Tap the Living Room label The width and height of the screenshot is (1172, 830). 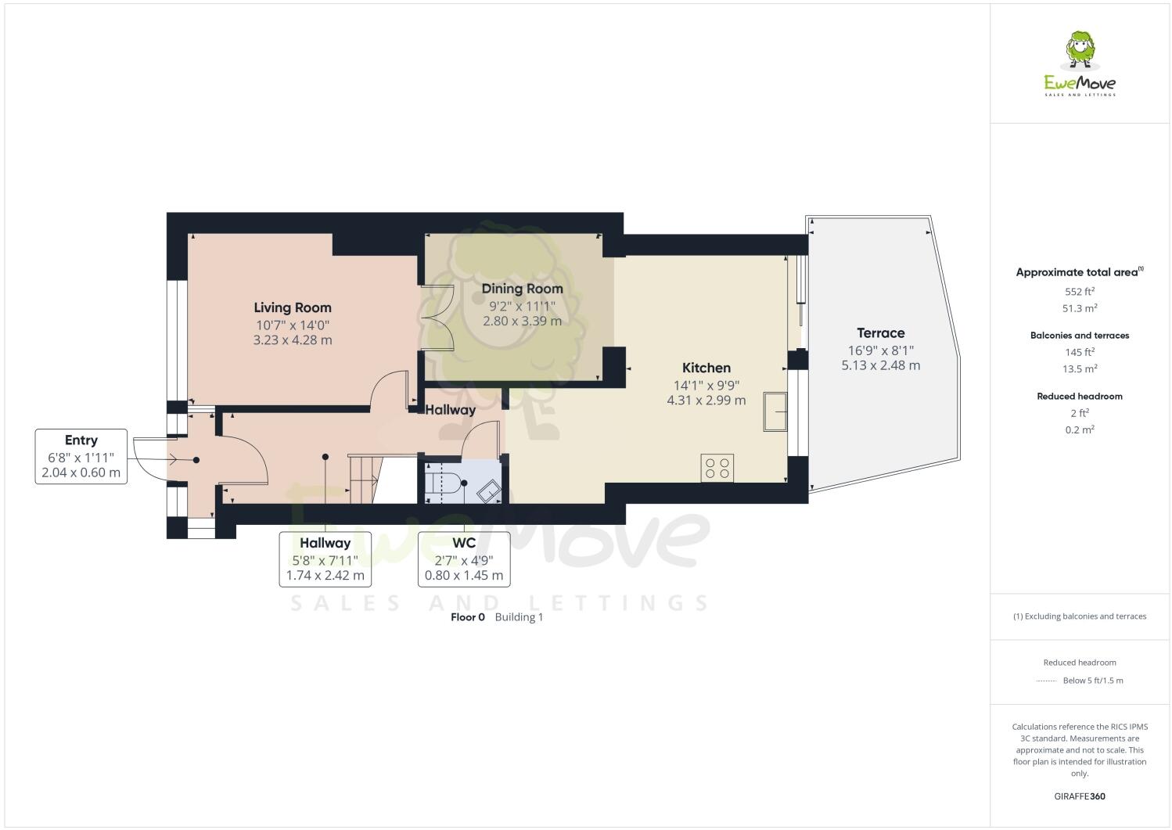(293, 307)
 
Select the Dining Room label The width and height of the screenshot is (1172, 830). (522, 289)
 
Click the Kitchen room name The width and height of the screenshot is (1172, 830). (706, 368)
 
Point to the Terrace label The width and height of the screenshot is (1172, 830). (880, 332)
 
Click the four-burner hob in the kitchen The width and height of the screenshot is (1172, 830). (717, 468)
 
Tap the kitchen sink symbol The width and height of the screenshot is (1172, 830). (775, 411)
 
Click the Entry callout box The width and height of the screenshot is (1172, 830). (81, 456)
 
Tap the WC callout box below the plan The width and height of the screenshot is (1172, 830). (464, 559)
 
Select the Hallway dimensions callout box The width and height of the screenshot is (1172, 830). (325, 559)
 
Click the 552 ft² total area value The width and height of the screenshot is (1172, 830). (1079, 291)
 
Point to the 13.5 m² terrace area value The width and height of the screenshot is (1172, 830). (1079, 369)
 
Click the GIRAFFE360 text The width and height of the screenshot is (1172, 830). (1080, 796)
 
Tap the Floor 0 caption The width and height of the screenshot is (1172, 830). (468, 617)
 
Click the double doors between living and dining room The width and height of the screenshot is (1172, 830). (437, 318)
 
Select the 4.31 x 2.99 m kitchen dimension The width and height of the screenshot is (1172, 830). (706, 401)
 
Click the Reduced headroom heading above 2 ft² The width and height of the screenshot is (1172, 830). (1079, 397)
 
